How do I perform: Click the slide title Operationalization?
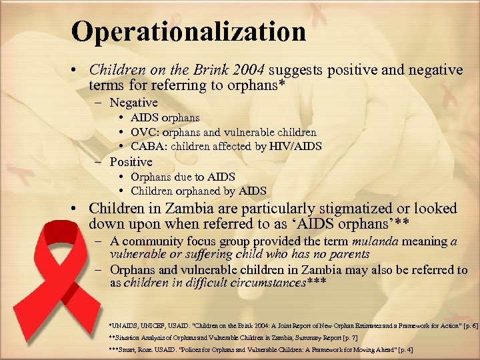tap(189, 31)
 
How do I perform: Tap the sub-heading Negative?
tap(133, 103)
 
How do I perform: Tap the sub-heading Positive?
tap(131, 162)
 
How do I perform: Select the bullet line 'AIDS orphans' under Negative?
tap(165, 118)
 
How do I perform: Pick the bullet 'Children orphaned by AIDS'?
tap(198, 191)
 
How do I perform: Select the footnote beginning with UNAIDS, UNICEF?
tap(293, 325)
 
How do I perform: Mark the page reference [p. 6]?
tap(465, 325)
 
